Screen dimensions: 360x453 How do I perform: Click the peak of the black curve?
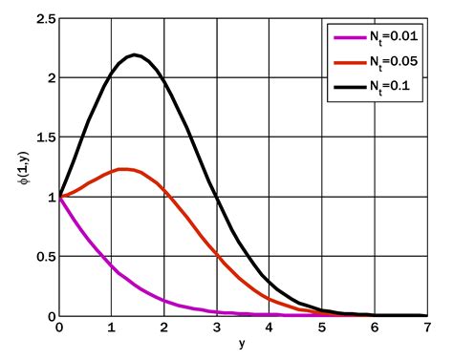tap(136, 54)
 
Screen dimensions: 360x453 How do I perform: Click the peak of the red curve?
tap(124, 169)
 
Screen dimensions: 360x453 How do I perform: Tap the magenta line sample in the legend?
tap(345, 37)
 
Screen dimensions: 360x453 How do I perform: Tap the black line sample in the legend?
tap(345, 84)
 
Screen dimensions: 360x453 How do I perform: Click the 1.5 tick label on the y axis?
tap(43, 137)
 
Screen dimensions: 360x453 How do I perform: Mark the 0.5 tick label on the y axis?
tap(43, 256)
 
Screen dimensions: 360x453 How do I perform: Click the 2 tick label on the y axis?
tap(49, 77)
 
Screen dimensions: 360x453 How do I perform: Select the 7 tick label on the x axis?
tap(425, 328)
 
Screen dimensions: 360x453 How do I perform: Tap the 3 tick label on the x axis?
tap(217, 328)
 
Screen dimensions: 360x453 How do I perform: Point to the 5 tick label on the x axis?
tap(321, 328)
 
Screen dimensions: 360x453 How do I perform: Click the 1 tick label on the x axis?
tap(112, 328)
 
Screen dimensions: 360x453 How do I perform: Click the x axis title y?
tap(242, 345)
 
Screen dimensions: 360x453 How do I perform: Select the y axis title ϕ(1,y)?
tap(25, 167)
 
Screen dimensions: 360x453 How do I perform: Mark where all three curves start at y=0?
tap(59, 197)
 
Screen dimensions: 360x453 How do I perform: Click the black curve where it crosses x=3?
tap(217, 197)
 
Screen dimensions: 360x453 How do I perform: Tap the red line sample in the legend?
tap(345, 60)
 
